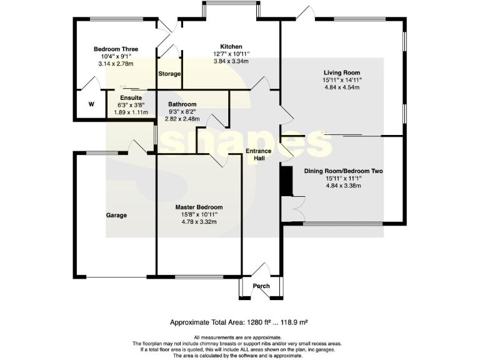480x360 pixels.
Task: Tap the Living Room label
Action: click(342, 72)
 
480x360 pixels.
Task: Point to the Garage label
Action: click(116, 215)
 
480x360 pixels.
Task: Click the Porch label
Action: click(261, 286)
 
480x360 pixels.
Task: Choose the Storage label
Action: click(169, 74)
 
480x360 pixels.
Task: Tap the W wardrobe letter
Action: click(91, 104)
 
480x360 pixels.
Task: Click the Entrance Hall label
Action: click(258, 155)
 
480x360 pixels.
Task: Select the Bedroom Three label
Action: click(116, 49)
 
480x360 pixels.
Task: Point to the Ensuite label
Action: click(131, 98)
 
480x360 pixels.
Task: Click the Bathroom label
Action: click(182, 104)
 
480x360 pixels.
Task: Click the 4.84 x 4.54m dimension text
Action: click(342, 87)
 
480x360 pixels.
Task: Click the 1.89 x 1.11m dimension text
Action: click(131, 112)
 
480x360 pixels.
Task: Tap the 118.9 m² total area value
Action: click(290, 322)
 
